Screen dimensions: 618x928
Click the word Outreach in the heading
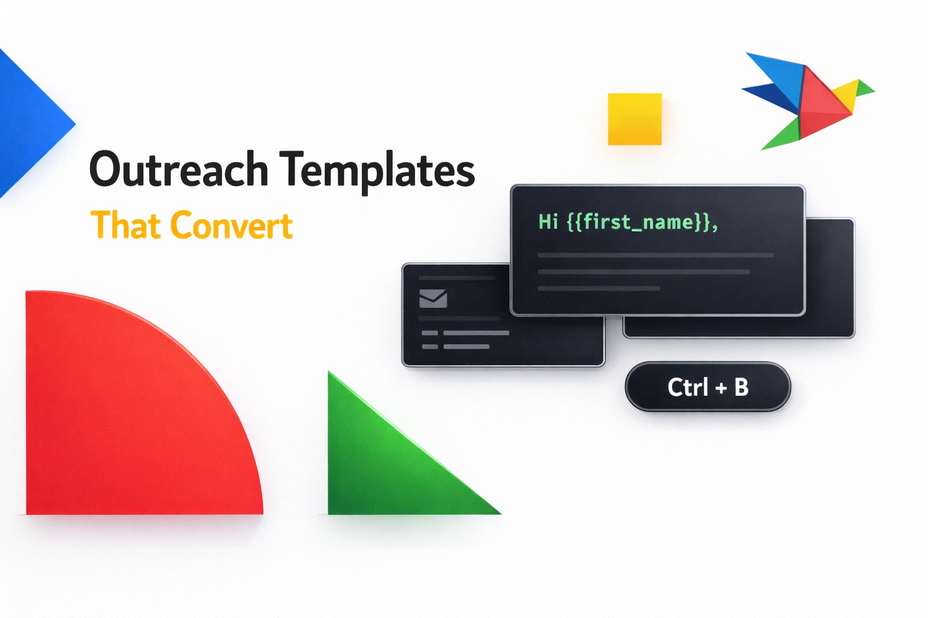179,170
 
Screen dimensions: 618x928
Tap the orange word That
126,226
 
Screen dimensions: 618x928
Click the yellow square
634,119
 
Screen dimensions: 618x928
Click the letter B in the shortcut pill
741,387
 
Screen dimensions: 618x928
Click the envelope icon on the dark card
433,298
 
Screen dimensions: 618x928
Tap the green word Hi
548,223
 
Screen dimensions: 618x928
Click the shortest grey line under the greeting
598,288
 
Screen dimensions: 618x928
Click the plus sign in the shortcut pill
721,388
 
